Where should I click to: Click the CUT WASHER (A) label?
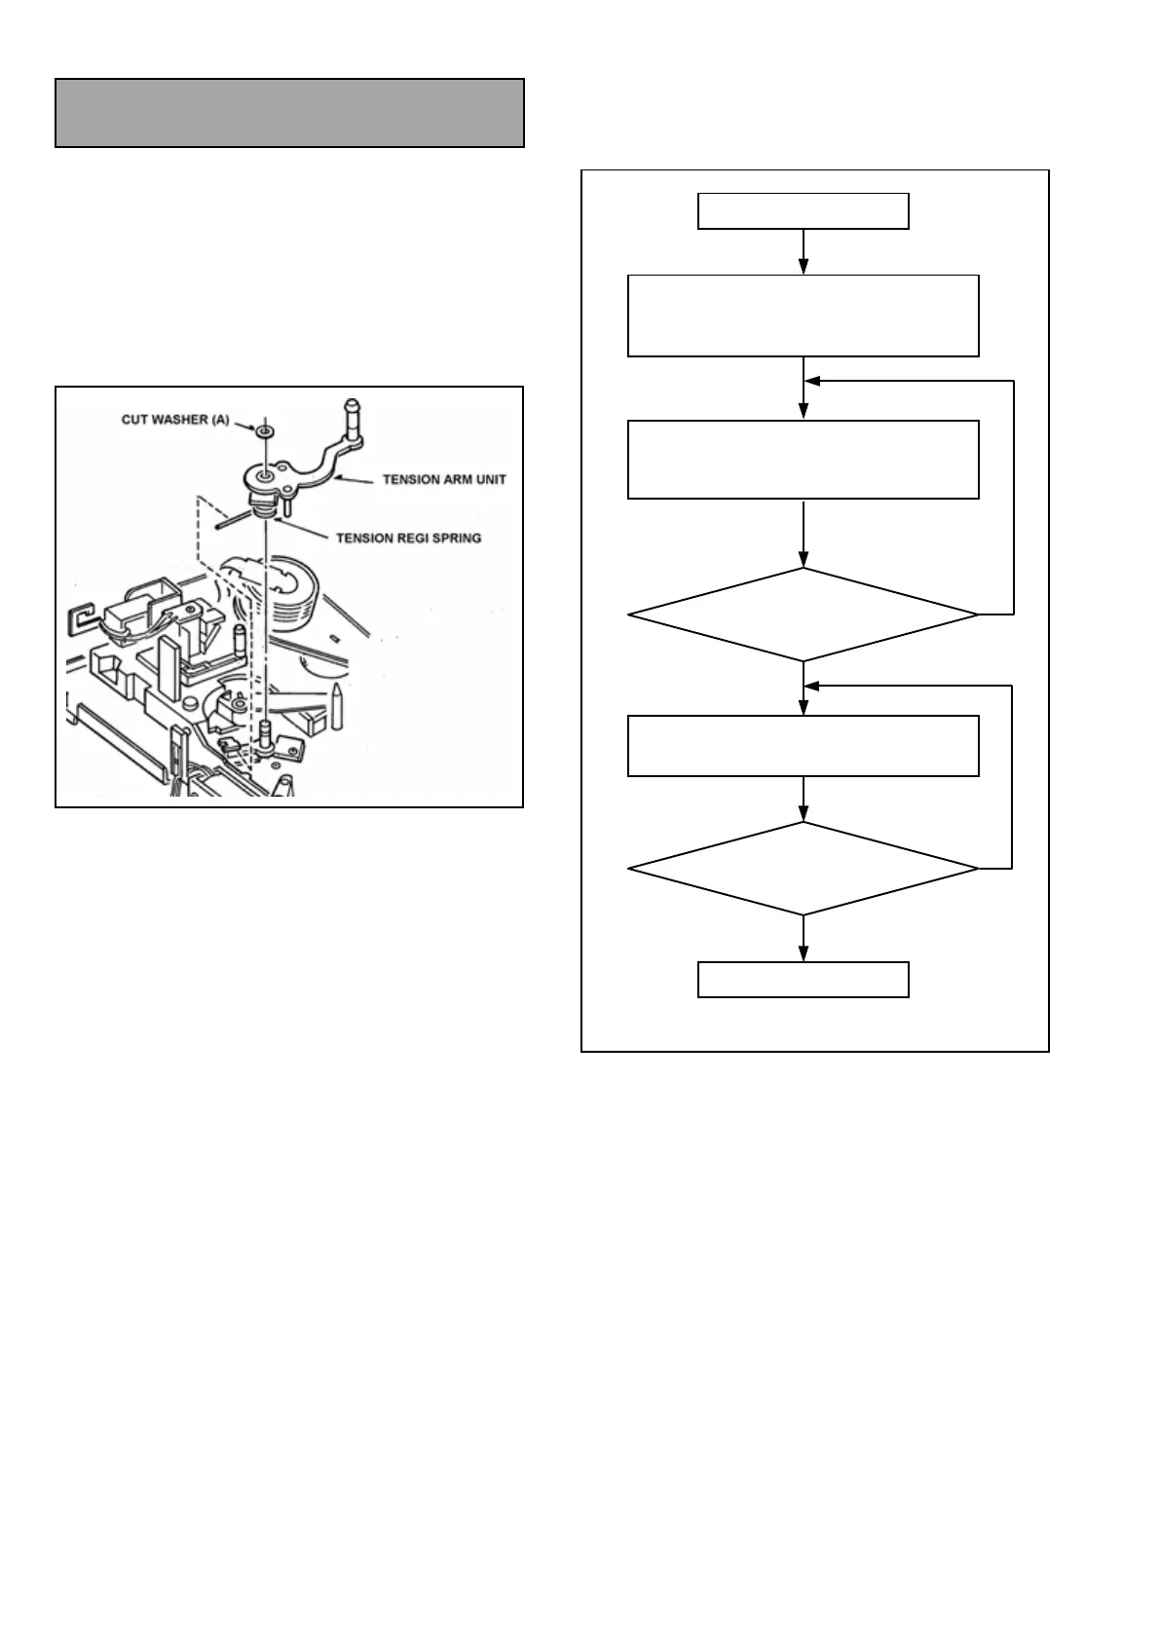(175, 420)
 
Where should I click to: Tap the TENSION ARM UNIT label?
(444, 479)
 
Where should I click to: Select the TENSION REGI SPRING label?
(408, 538)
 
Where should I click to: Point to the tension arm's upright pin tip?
(352, 404)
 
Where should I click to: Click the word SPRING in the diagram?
(457, 538)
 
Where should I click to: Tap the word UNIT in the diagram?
(491, 479)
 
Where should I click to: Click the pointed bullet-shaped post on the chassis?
(336, 706)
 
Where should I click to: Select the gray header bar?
(289, 113)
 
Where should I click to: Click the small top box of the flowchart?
(803, 211)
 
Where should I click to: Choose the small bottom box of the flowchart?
(803, 980)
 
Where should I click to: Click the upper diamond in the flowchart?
(803, 615)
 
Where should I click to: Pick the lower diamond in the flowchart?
(803, 868)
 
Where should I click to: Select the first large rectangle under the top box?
(803, 316)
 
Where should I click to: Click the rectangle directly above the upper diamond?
(803, 460)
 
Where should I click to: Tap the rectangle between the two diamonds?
(803, 746)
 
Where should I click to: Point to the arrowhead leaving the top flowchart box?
(803, 267)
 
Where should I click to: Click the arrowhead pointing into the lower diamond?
(803, 815)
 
